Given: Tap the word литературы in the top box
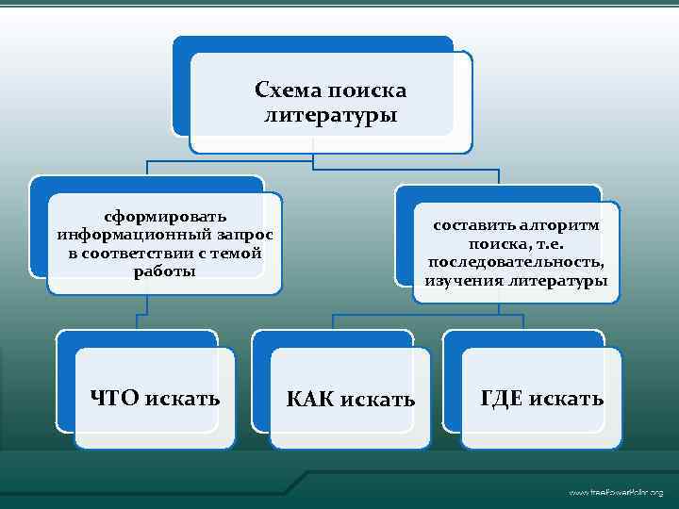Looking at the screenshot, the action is click(330, 116).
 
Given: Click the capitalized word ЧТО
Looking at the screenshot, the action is click(114, 399).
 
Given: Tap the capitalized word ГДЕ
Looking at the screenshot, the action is click(502, 399).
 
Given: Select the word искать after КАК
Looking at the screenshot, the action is click(380, 400).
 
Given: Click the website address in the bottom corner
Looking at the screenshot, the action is click(615, 493).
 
